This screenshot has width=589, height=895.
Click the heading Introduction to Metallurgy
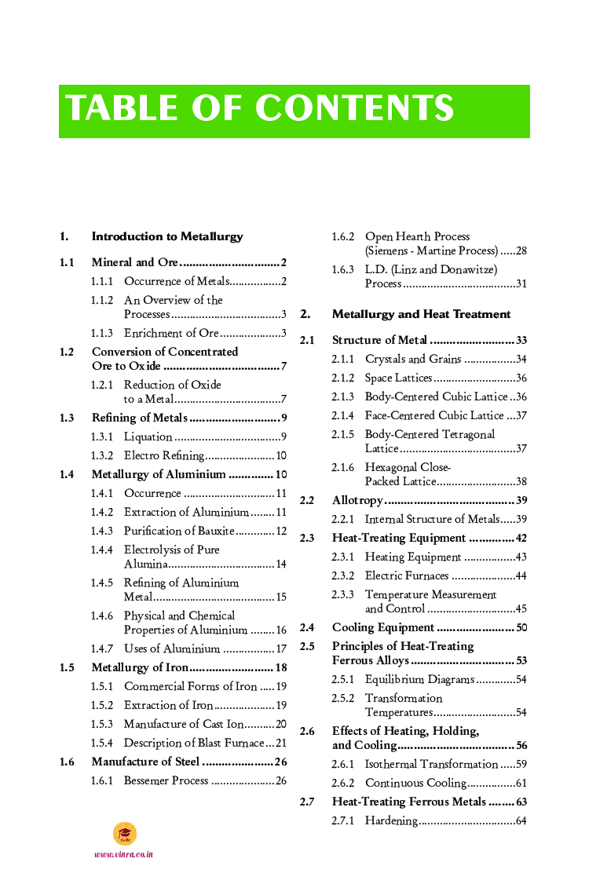167,236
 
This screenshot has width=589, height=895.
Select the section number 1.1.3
101,333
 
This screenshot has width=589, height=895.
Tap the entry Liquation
148,437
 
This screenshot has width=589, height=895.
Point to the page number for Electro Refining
281,455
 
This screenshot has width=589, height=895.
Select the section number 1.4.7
101,648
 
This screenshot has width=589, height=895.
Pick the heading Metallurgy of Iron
140,667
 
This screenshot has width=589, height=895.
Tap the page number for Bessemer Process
281,780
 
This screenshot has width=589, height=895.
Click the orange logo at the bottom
124,834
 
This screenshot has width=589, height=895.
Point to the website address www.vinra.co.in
123,854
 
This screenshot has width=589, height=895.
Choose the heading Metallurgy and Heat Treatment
421,314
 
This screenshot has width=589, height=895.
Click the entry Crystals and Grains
413,359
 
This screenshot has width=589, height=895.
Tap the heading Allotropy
357,500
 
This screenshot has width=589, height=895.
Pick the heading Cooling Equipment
383,627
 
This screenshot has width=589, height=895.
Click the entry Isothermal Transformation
431,764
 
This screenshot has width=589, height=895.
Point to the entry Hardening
391,820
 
